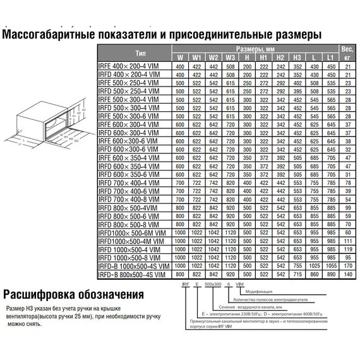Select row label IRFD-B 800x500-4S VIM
134,275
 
